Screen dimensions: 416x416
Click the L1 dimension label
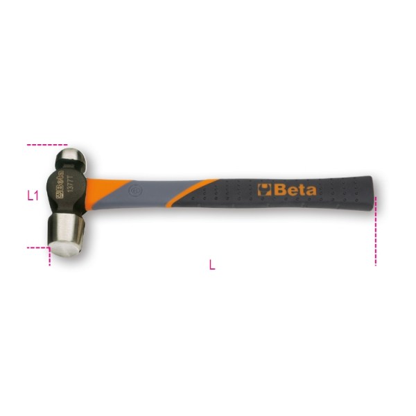32,196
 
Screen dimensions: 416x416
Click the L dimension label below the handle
211,263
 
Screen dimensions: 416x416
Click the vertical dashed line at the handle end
375,229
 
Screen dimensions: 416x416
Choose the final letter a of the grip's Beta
311,190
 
